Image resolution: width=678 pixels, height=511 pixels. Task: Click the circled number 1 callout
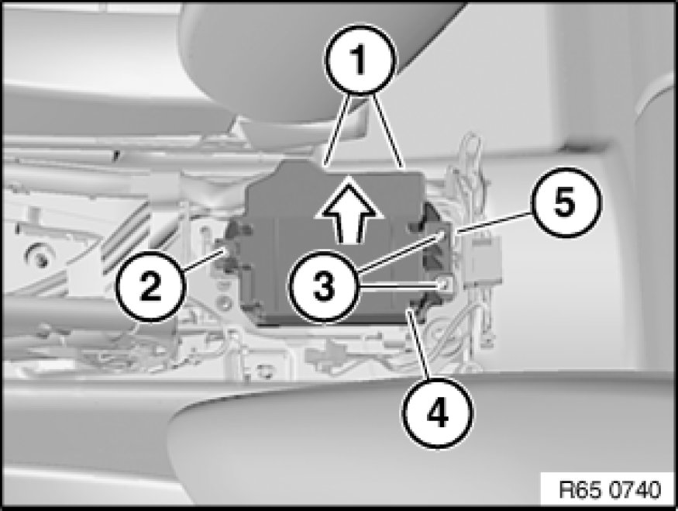coord(360,60)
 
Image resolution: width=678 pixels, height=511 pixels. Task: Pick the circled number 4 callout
coord(438,413)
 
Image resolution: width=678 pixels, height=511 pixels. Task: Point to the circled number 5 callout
coord(565,202)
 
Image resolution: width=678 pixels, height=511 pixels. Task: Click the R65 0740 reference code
coord(610,490)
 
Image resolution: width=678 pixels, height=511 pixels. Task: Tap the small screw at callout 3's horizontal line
coord(444,285)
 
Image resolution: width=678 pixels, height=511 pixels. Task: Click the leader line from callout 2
coord(203,259)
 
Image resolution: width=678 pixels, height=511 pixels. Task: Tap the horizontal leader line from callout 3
coord(399,286)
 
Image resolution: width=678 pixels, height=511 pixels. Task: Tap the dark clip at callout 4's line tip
coord(418,305)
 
